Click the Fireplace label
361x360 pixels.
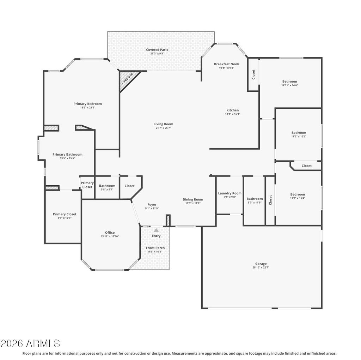pos(127,78)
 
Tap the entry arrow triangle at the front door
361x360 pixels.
pos(156,230)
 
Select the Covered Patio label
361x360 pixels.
pos(157,49)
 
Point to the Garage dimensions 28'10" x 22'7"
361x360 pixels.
pos(261,268)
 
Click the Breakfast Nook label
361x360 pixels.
pos(227,64)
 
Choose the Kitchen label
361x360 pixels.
pos(233,110)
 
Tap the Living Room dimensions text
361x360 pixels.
pos(163,128)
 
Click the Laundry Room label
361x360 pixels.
pos(230,193)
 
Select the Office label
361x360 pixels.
pos(110,233)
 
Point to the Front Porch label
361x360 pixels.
pos(155,248)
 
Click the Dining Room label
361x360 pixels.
pos(193,199)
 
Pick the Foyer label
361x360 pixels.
pos(152,205)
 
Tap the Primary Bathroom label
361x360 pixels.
pos(67,155)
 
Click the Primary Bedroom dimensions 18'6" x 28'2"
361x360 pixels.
pos(88,107)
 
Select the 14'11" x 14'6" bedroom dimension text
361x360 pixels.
pos(290,85)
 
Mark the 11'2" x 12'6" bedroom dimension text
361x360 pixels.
pos(299,136)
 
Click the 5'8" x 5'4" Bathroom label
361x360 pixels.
pos(107,186)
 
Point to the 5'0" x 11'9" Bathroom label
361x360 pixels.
pos(255,199)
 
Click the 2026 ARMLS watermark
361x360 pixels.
pos(30,343)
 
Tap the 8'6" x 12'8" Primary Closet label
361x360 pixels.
pos(65,214)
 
